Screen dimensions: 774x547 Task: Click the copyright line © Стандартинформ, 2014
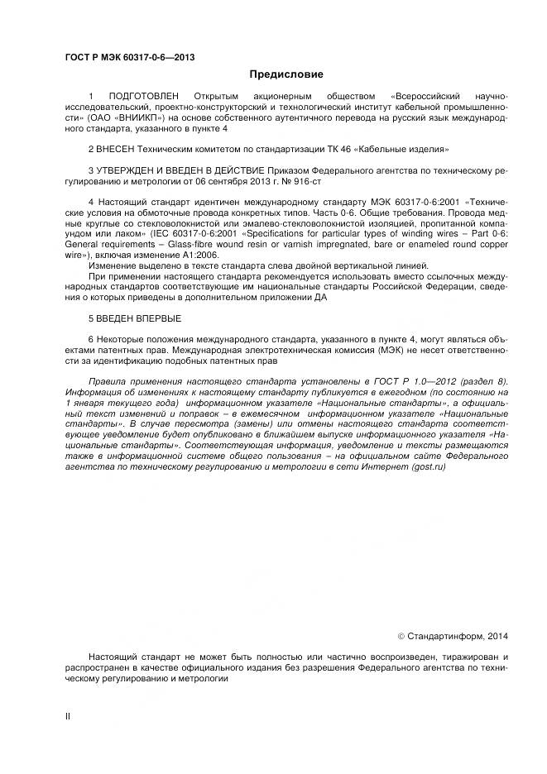[453, 636]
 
